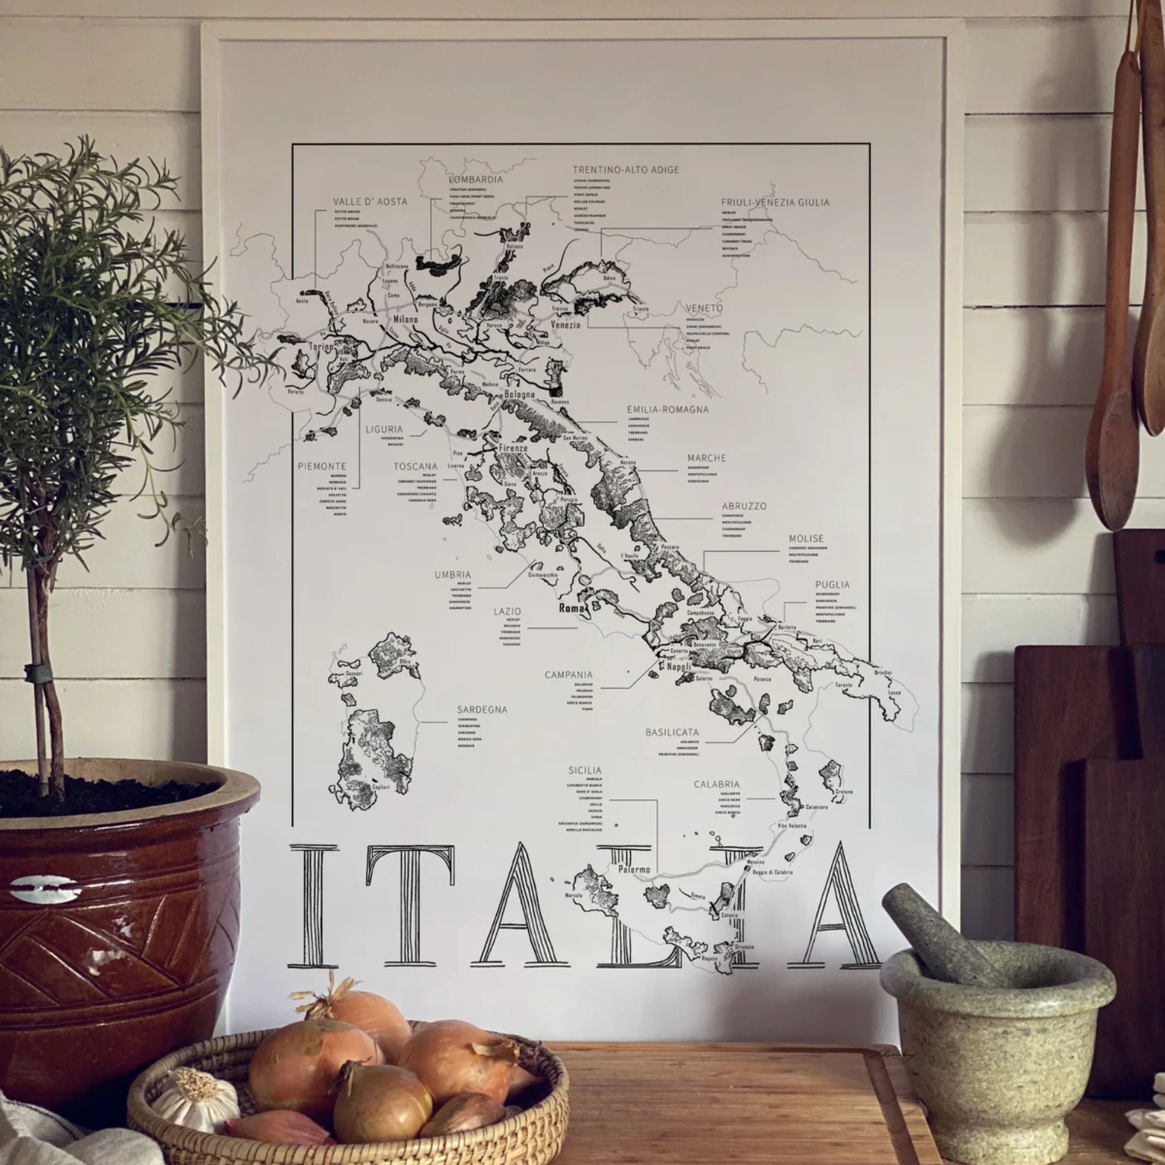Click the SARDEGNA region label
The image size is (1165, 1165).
click(x=482, y=709)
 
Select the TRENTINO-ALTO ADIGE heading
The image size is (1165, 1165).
click(x=626, y=170)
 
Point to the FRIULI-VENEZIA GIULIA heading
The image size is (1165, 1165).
click(x=775, y=203)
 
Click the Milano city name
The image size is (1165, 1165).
click(x=405, y=319)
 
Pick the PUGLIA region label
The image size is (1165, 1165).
click(x=832, y=584)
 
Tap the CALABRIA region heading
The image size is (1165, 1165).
click(x=716, y=785)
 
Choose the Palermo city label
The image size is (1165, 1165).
click(x=634, y=870)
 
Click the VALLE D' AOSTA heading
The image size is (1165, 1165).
click(x=370, y=202)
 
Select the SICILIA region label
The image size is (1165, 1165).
click(x=584, y=770)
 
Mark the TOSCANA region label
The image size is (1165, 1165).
click(x=415, y=467)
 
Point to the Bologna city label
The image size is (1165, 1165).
click(x=519, y=394)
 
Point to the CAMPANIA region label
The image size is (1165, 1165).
click(x=569, y=675)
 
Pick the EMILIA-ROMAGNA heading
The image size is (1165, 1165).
click(x=668, y=409)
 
